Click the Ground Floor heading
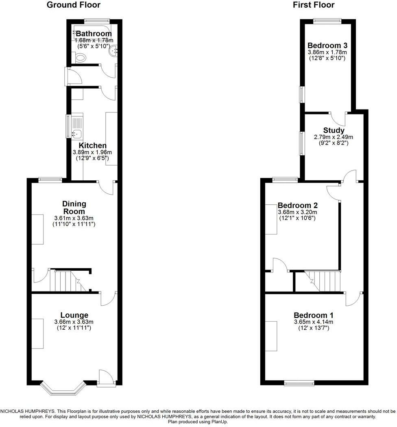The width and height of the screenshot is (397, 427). tap(73, 5)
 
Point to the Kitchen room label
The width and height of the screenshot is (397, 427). tap(93, 145)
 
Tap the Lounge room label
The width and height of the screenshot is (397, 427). tap(74, 315)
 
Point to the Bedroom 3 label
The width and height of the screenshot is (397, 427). tap(327, 45)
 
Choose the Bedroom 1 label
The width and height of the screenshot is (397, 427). tap(314, 315)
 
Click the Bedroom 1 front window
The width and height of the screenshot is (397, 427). tap(299, 383)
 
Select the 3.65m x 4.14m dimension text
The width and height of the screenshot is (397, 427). tap(313, 322)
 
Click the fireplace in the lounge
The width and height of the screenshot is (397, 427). tap(37, 333)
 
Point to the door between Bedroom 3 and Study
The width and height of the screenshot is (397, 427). tap(338, 118)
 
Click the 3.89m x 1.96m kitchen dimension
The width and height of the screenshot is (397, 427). tap(93, 152)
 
